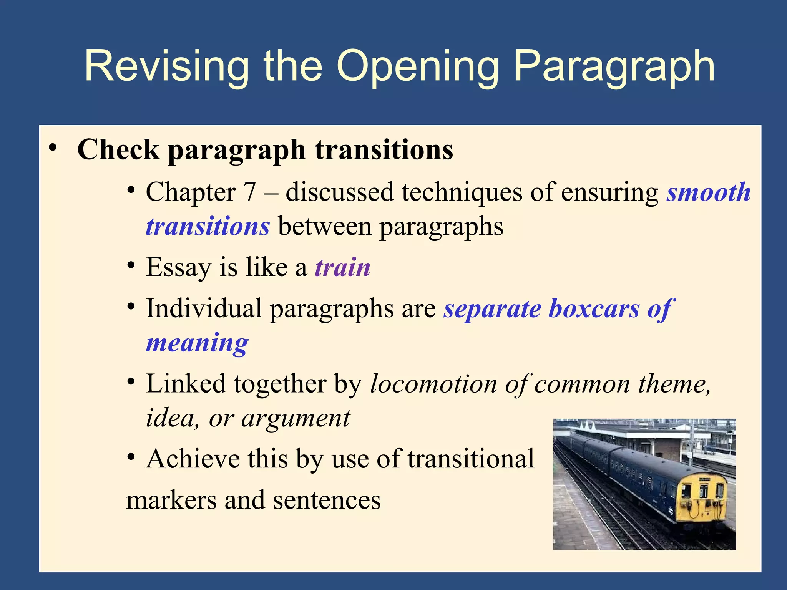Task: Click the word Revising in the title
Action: pos(166,66)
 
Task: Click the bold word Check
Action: pos(118,150)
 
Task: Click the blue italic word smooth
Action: pos(708,192)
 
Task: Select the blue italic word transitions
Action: pos(208,226)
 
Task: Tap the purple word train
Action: pos(342,267)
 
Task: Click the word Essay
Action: pos(178,268)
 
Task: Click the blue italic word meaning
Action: pos(197,343)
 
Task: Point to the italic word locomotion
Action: pos(433,384)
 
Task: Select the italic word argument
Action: pos(296,418)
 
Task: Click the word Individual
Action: pos(204,308)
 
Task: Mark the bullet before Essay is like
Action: pos(131,265)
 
